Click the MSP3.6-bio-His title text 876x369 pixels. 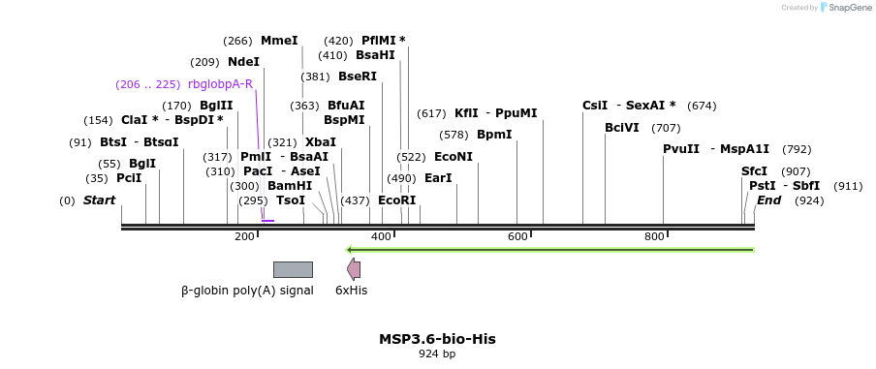pos(437,339)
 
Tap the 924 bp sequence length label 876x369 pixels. pos(437,354)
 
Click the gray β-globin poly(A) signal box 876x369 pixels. pos(293,269)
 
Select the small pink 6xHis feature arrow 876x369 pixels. pos(354,269)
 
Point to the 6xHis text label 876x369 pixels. pos(351,290)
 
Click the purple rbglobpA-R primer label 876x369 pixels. pos(220,84)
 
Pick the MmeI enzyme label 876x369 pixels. pos(279,41)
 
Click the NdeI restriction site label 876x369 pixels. pos(243,62)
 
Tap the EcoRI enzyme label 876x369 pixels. pos(396,200)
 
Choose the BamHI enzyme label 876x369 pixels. pos(290,185)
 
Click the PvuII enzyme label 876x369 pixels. pos(681,148)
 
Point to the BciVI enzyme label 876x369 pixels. pos(622,127)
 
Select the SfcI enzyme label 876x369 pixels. pos(754,170)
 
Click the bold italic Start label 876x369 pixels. pos(99,200)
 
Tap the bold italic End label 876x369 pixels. pos(768,200)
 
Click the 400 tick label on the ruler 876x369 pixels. pos(381,236)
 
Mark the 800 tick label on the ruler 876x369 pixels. pos(654,236)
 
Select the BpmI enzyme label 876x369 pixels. pos(494,134)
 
